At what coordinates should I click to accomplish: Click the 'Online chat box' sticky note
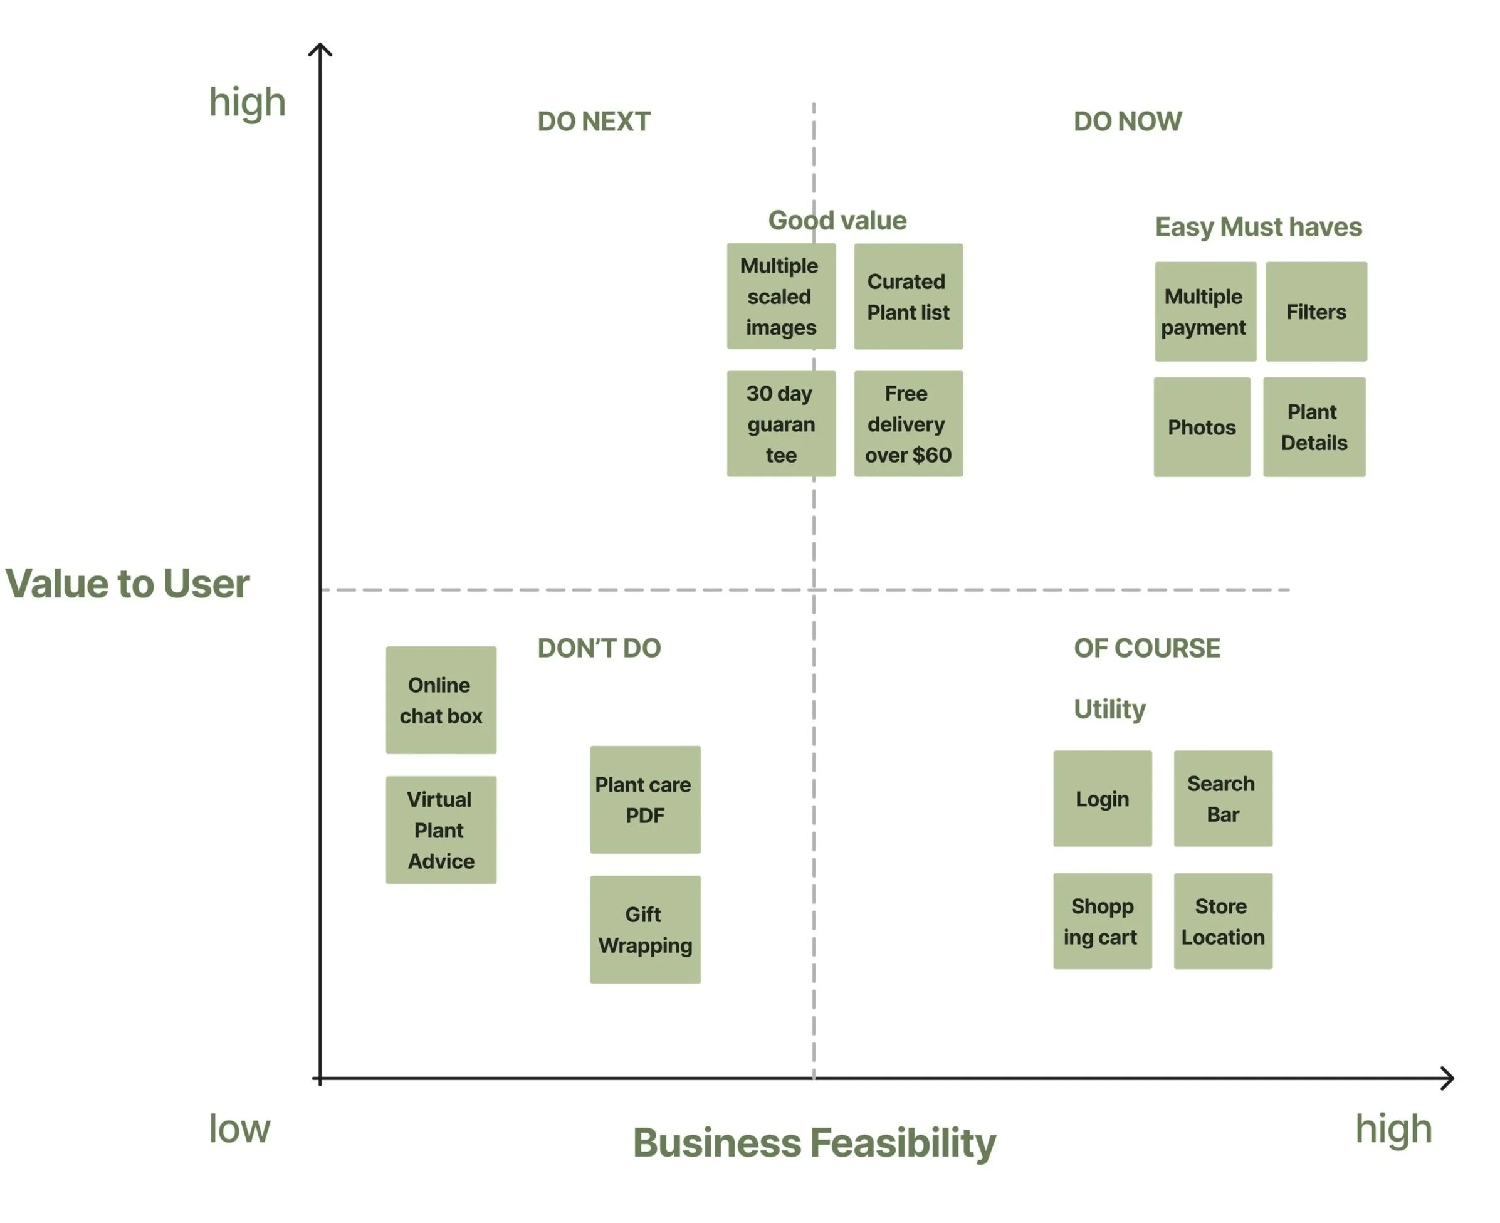[441, 700]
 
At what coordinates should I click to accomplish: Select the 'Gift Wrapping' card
[644, 929]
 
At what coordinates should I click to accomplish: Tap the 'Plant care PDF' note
[644, 800]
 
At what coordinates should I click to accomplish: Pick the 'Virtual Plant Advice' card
[441, 830]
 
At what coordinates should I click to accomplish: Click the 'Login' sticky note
[1102, 798]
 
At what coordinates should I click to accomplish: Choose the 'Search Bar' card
[1222, 798]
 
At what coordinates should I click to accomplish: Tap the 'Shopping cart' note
[1102, 921]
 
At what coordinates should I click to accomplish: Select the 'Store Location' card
[1222, 921]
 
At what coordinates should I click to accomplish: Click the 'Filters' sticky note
[1316, 312]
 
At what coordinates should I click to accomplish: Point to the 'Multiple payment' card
[1205, 312]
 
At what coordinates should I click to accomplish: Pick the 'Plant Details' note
[1313, 427]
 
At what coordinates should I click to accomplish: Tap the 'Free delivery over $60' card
[908, 423]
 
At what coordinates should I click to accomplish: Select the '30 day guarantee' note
[780, 423]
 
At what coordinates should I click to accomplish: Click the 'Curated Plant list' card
[908, 296]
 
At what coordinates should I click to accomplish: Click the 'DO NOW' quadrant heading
[1127, 121]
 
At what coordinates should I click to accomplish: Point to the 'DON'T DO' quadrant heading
[599, 648]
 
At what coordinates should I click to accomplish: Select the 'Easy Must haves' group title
[1257, 227]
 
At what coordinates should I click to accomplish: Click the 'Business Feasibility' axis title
[814, 1143]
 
